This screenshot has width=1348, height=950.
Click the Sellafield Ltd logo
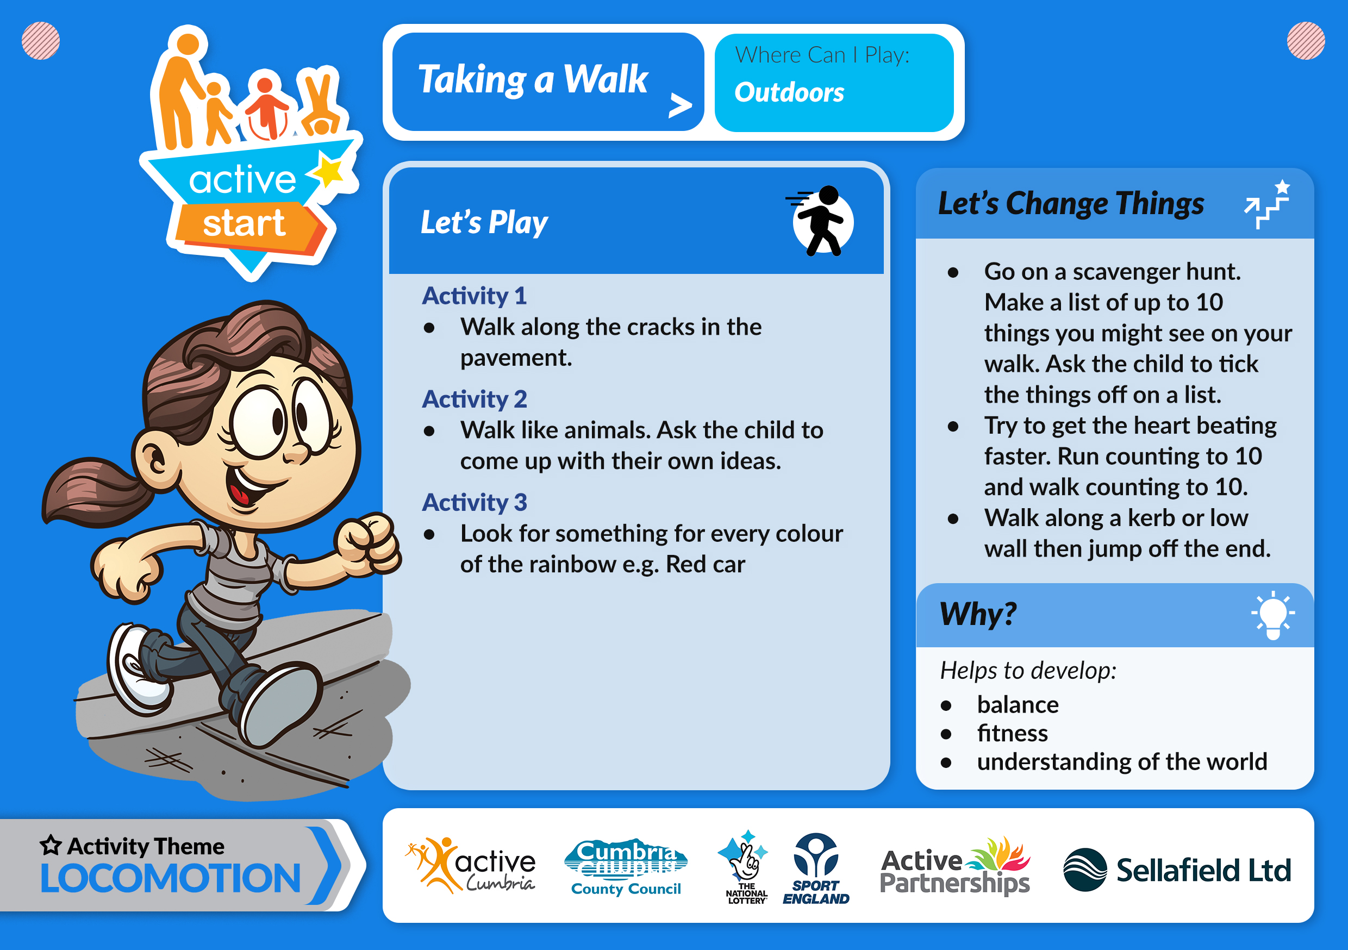(x=1177, y=870)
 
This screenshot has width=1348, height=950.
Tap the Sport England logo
(x=815, y=868)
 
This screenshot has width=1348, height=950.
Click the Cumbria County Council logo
(x=626, y=867)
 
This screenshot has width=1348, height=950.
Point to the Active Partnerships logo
(x=955, y=866)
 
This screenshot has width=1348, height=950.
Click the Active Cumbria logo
(x=470, y=865)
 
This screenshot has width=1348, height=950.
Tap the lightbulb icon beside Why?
(x=1273, y=615)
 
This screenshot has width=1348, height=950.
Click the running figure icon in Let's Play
(x=821, y=221)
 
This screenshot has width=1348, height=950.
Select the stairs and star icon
(x=1267, y=204)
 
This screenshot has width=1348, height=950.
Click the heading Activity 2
(x=475, y=399)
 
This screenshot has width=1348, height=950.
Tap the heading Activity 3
(x=475, y=503)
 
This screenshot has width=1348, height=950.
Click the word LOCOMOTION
(x=170, y=878)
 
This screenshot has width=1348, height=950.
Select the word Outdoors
(x=789, y=93)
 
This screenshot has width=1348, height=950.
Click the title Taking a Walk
(x=533, y=79)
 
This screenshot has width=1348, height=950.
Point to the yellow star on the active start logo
(x=329, y=171)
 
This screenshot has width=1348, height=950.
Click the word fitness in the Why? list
(x=1012, y=733)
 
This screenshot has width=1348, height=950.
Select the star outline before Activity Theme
(x=51, y=845)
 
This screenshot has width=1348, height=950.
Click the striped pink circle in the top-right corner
(x=1306, y=41)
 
